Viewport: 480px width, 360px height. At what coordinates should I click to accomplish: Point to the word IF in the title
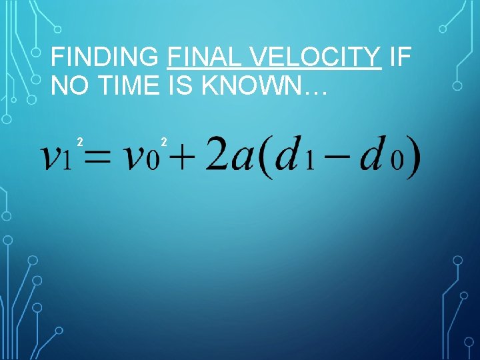pyautogui.click(x=400, y=58)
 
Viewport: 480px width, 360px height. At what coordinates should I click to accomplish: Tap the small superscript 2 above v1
pyautogui.click(x=79, y=141)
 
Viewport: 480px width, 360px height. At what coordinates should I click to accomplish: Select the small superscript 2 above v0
pyautogui.click(x=164, y=141)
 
